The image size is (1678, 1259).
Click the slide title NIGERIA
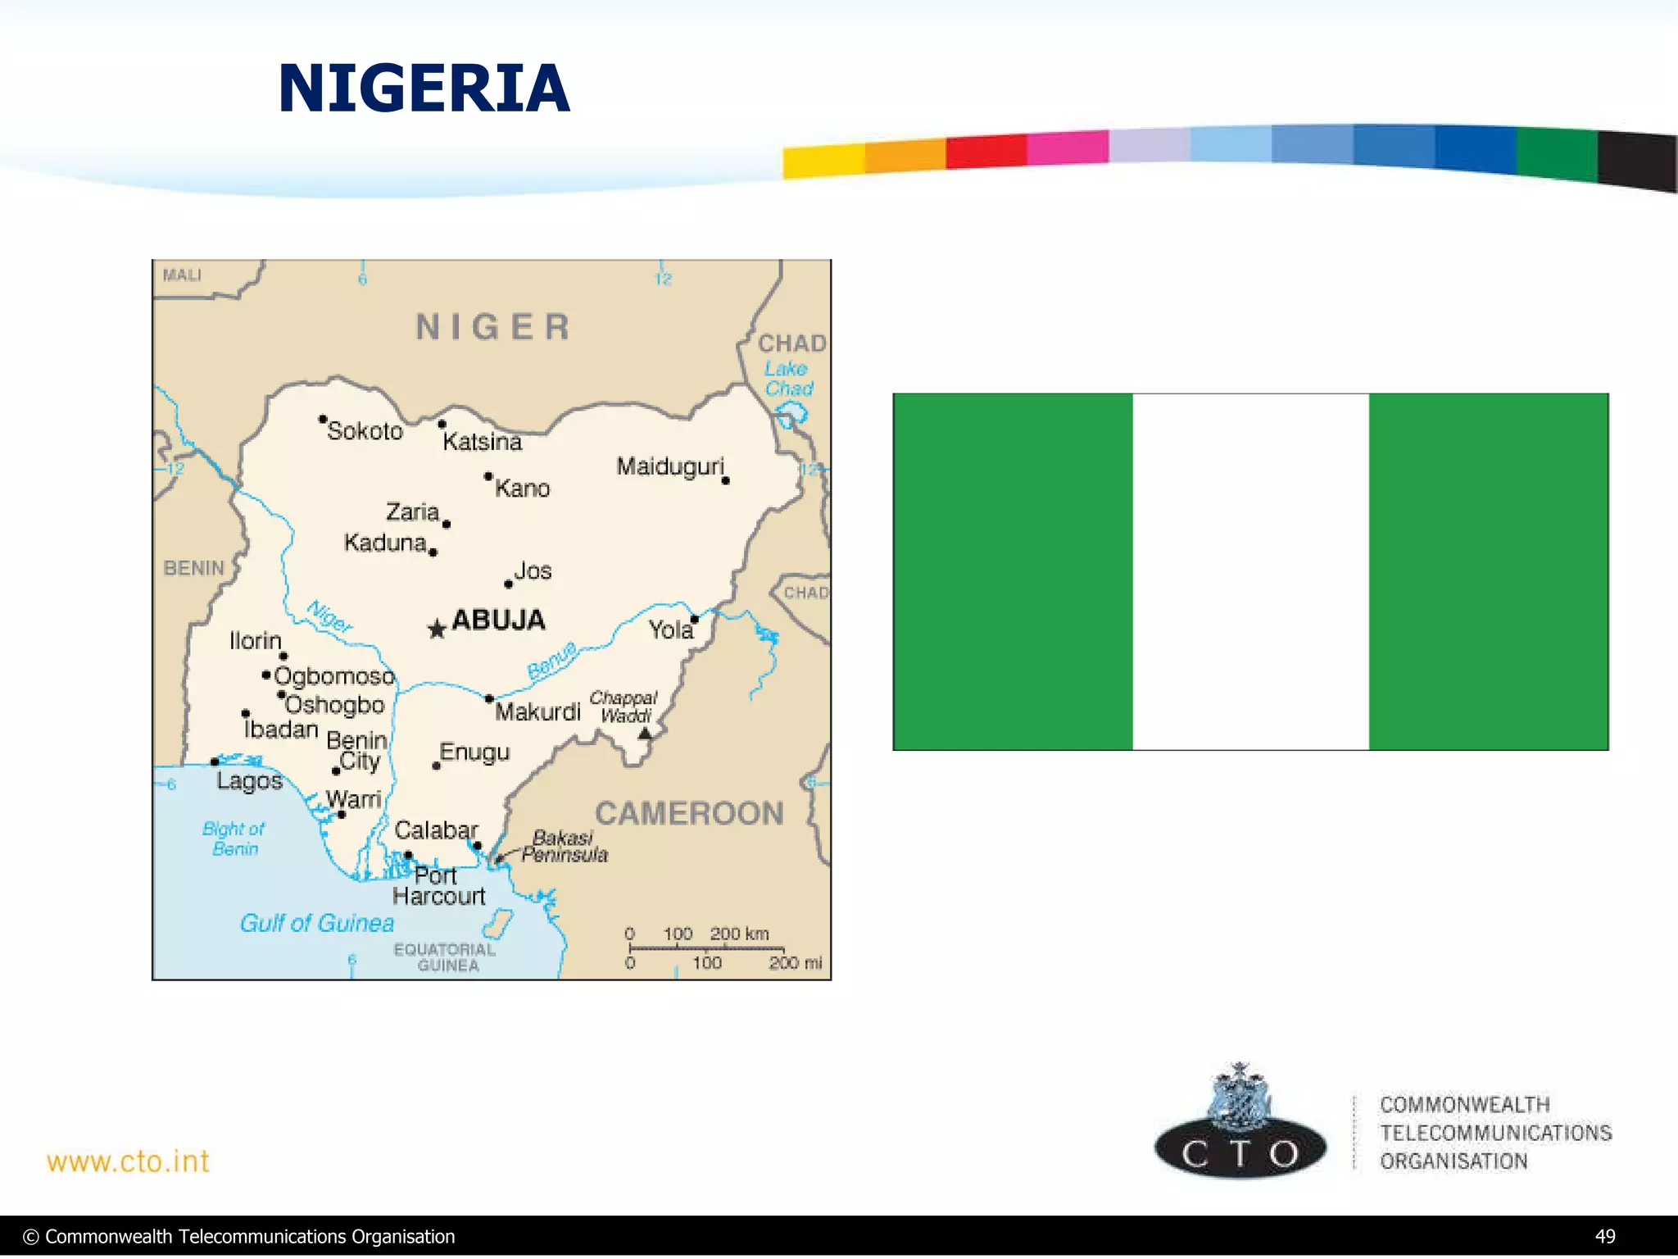pos(424,89)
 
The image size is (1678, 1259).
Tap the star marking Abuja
pos(437,629)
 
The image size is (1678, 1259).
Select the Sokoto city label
pos(365,431)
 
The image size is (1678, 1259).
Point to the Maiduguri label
pos(670,466)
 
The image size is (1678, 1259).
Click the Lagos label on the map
pos(249,780)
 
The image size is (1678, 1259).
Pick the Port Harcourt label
pos(438,886)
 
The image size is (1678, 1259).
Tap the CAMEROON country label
pos(689,813)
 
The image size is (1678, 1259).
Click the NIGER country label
pos(492,327)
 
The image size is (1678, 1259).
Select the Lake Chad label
pos(788,379)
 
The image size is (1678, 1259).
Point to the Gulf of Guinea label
pos(317,923)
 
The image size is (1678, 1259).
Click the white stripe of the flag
pos(1250,571)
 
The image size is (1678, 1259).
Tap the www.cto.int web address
pos(128,1161)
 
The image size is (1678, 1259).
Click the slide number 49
pos(1604,1236)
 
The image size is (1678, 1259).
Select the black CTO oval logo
pos(1240,1151)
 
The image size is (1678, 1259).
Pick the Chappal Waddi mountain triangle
pos(645,734)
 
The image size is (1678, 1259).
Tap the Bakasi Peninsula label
pos(565,846)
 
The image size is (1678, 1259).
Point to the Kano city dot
pos(488,476)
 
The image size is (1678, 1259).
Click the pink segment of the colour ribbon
pos(1068,148)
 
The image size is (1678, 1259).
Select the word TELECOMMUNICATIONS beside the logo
pos(1495,1133)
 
